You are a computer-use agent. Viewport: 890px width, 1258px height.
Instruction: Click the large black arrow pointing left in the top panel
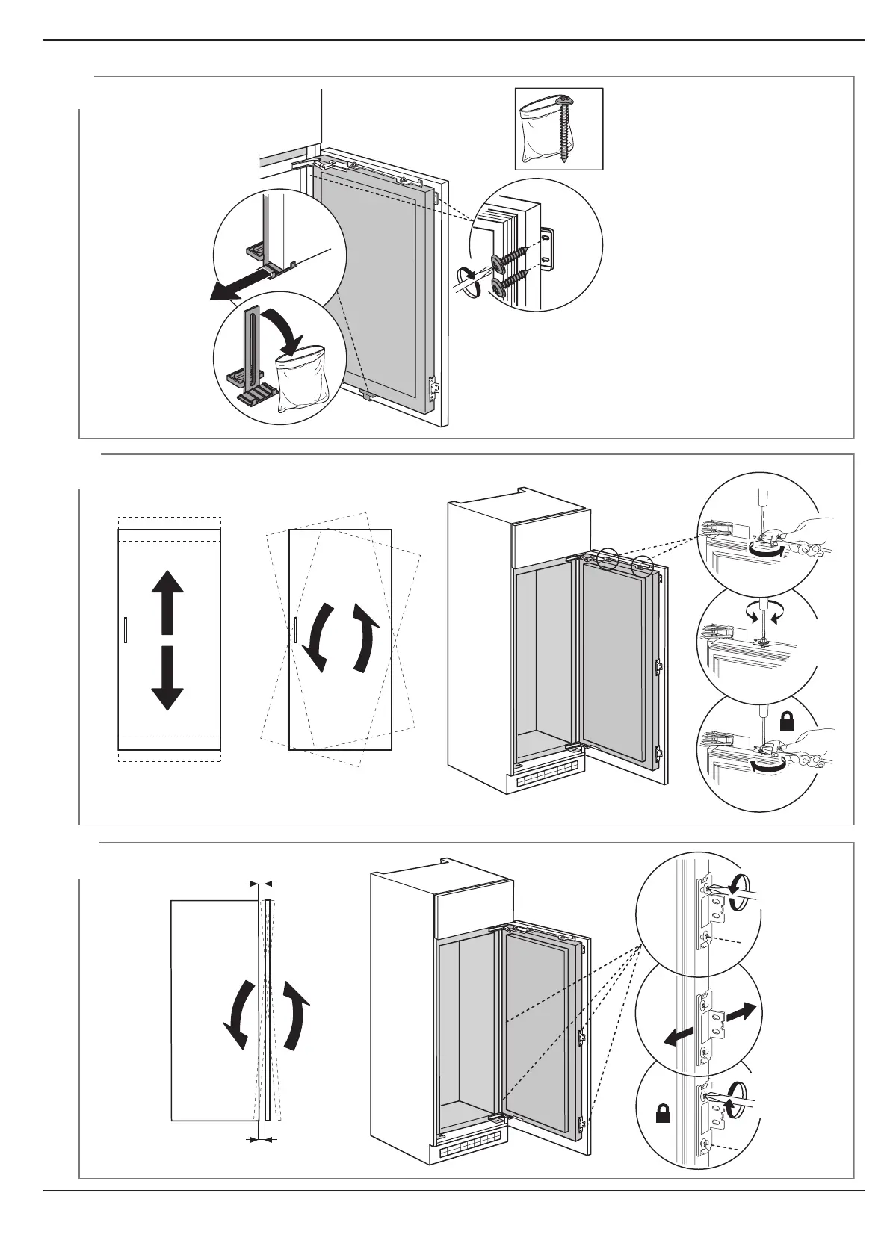(x=239, y=288)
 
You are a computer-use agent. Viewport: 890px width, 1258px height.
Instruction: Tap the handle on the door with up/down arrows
(x=126, y=630)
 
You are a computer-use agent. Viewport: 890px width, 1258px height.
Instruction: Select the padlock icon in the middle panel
(x=787, y=721)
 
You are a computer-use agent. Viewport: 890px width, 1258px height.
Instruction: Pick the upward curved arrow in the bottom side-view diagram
(x=297, y=1016)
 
